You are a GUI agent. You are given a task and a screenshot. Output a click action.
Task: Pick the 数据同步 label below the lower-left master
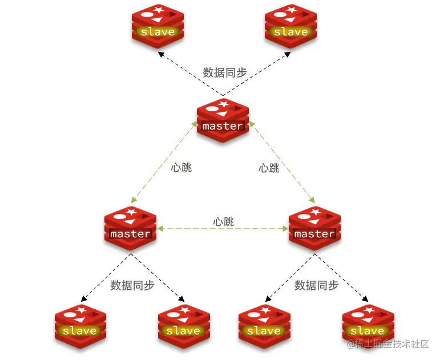coord(132,285)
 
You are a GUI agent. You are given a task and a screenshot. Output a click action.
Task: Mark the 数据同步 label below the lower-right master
coord(316,285)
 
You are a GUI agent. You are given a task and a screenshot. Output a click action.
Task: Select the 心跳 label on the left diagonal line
coord(181,168)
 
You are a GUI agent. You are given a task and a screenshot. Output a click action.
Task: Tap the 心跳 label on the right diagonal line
coord(269,168)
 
